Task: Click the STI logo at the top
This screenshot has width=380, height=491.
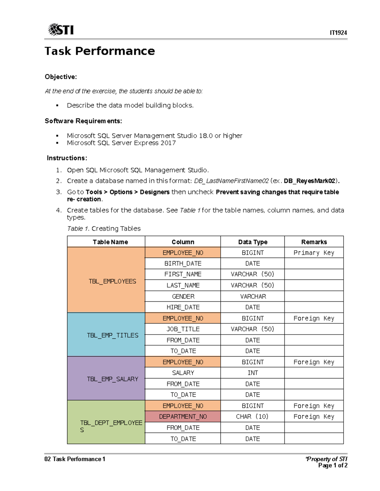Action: click(61, 30)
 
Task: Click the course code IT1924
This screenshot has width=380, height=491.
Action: click(338, 33)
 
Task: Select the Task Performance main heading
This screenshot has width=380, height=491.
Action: click(100, 51)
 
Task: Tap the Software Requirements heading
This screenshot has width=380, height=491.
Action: click(83, 121)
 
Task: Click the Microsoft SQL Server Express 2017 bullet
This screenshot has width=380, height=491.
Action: click(121, 143)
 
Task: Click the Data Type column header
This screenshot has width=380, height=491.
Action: click(252, 242)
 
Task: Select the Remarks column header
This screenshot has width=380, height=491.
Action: click(314, 242)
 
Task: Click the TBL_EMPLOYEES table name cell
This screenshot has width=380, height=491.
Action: click(112, 281)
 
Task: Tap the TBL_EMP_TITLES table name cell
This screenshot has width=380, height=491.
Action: click(112, 335)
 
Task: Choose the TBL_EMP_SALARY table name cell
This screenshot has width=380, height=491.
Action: click(112, 379)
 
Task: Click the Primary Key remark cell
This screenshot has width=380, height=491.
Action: click(314, 253)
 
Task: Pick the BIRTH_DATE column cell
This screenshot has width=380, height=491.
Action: click(183, 263)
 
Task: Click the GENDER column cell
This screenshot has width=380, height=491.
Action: click(183, 297)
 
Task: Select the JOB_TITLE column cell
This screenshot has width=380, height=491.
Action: click(183, 329)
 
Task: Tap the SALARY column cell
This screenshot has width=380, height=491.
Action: click(183, 373)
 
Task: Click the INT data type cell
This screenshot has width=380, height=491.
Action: click(252, 373)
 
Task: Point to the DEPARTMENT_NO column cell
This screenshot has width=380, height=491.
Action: click(183, 417)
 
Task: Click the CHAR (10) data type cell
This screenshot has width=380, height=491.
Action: click(252, 417)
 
